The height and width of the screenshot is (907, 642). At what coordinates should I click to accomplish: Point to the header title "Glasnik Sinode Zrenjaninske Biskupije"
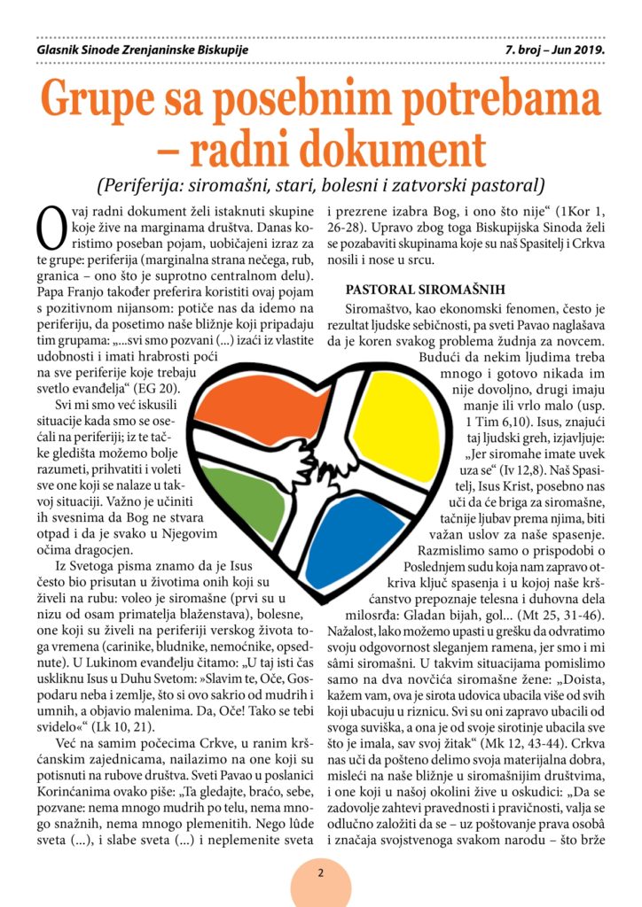(x=137, y=50)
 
